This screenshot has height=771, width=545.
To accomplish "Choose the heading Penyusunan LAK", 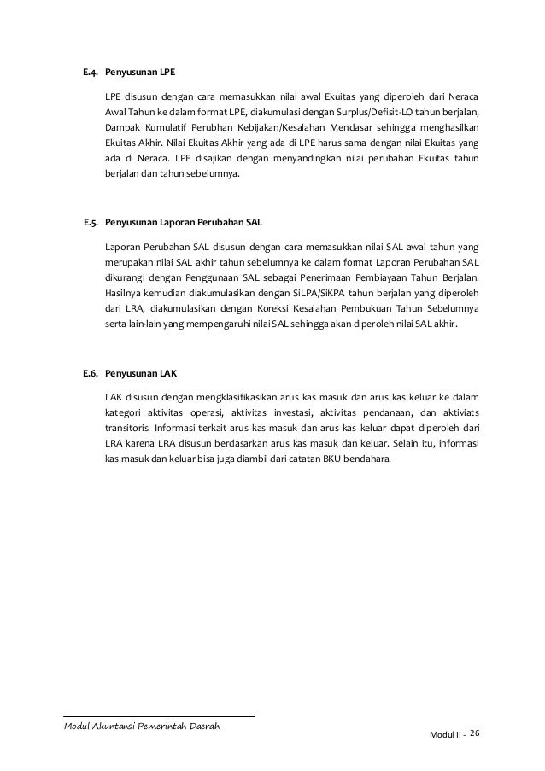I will pyautogui.click(x=140, y=374).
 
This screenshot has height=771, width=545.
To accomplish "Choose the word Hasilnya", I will pyautogui.click(x=123, y=294).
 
